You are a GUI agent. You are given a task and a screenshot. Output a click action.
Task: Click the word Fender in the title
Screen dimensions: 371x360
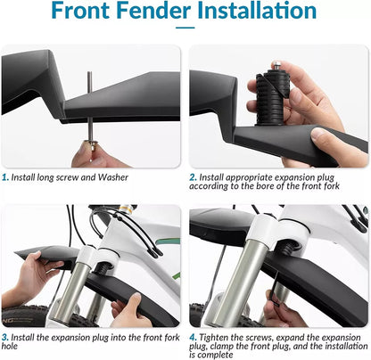[x=153, y=11]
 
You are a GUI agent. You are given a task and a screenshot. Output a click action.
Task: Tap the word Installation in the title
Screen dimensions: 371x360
[x=257, y=11]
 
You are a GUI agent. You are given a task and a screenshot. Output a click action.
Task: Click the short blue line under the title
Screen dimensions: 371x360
[x=185, y=28]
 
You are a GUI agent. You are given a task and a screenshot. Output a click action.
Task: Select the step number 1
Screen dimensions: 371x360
[x=5, y=177]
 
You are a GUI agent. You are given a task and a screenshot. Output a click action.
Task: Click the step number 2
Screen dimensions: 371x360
[x=193, y=177]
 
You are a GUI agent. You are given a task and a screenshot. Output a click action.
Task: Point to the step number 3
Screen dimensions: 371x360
[x=5, y=338]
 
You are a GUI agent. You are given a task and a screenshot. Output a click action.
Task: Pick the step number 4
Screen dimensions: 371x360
[x=193, y=338]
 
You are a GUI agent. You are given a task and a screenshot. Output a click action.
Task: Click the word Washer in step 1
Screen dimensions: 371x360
[x=113, y=177]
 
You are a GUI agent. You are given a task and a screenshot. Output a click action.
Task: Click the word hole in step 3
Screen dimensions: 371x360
[x=10, y=346]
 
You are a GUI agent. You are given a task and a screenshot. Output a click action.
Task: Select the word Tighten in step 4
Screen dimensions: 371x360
[x=214, y=338]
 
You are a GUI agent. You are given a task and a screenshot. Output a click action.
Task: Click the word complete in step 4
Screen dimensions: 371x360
[x=215, y=355]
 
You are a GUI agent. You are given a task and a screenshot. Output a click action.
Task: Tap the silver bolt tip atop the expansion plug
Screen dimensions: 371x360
[x=277, y=65]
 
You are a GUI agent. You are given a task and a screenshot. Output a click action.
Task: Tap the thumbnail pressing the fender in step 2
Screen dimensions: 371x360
[x=317, y=135]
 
